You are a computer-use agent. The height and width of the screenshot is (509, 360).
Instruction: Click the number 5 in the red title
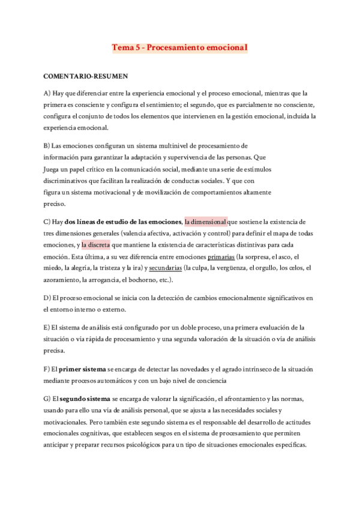139,46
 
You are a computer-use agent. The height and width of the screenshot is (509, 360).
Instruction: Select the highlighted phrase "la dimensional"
206,221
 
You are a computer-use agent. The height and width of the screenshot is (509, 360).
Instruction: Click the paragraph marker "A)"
47,93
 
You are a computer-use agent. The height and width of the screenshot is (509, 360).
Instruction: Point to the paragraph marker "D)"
47,298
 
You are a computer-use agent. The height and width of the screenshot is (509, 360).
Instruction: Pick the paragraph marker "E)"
47,328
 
